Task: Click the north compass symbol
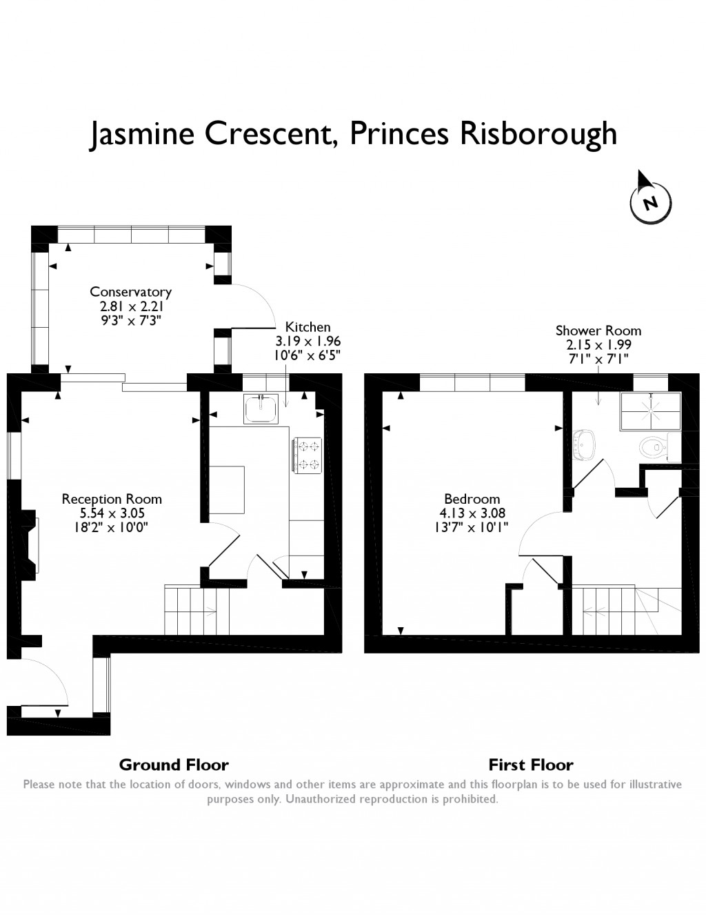[x=649, y=201]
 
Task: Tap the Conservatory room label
[x=130, y=292]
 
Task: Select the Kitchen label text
[x=308, y=327]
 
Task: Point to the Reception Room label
[x=112, y=499]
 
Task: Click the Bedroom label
[x=472, y=499]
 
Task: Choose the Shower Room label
[x=598, y=331]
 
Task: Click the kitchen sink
[x=261, y=409]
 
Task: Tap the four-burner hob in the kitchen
[x=308, y=455]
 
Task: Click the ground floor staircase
[x=191, y=610]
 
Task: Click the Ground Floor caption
[x=174, y=765]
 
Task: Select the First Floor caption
[x=531, y=765]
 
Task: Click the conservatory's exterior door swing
[x=253, y=306]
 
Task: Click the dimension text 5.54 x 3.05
[x=112, y=513]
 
